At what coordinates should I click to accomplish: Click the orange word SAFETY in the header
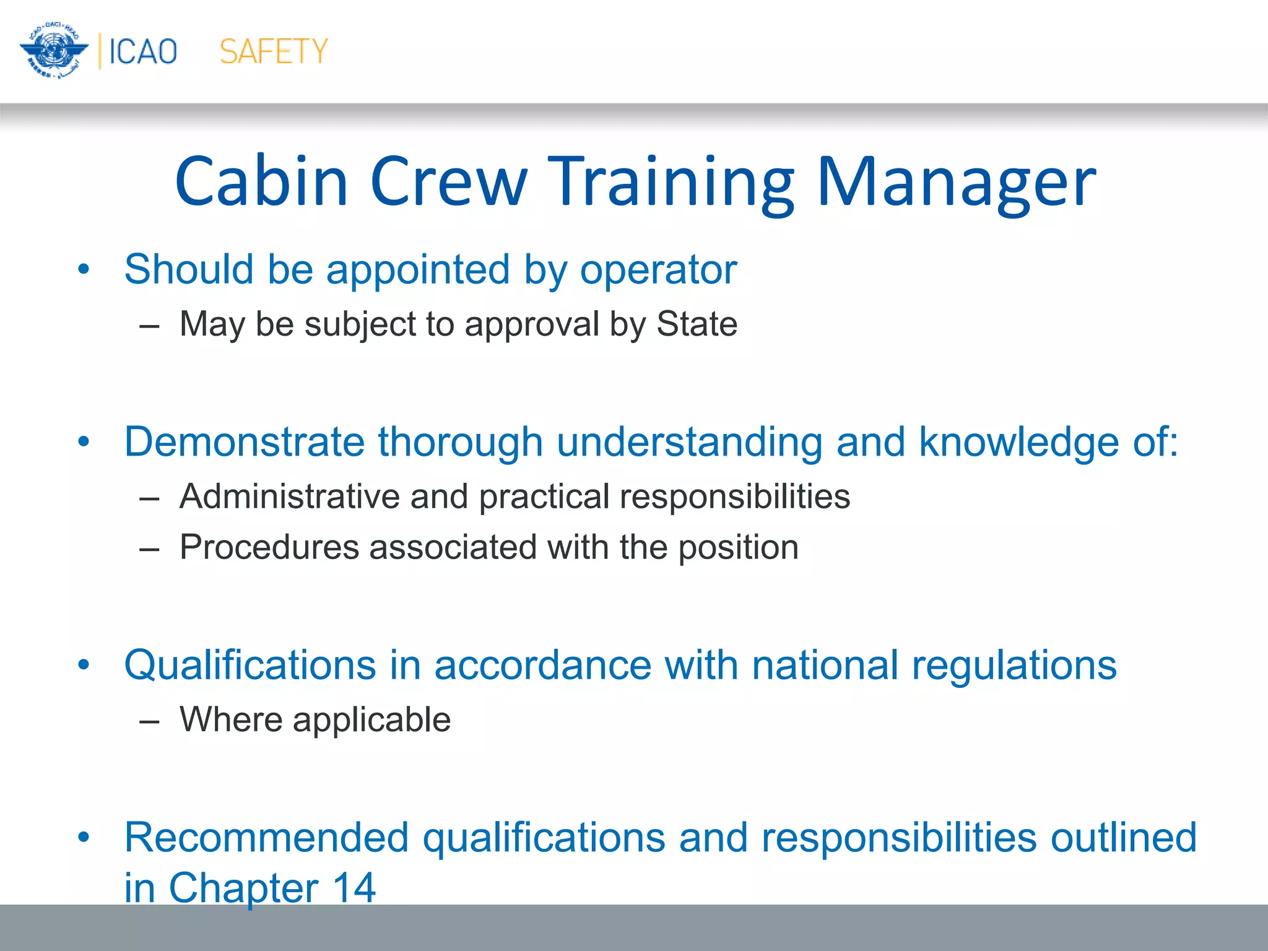[274, 51]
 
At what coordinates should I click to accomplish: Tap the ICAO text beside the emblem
[143, 51]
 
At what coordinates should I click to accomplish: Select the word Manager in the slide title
[957, 182]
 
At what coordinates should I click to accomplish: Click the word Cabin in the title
[262, 182]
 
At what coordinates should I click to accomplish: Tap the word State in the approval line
[697, 324]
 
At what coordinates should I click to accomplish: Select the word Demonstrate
[244, 442]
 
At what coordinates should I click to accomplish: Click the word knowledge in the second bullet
[1018, 442]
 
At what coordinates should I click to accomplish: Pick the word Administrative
[289, 497]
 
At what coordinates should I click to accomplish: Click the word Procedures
[269, 547]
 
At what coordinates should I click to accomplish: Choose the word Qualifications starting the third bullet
[250, 666]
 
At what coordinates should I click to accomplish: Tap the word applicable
[371, 720]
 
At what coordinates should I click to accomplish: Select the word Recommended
[266, 838]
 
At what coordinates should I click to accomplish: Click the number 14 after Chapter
[354, 888]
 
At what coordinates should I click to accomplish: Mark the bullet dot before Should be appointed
[84, 270]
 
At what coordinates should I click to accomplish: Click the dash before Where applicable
[149, 721]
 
